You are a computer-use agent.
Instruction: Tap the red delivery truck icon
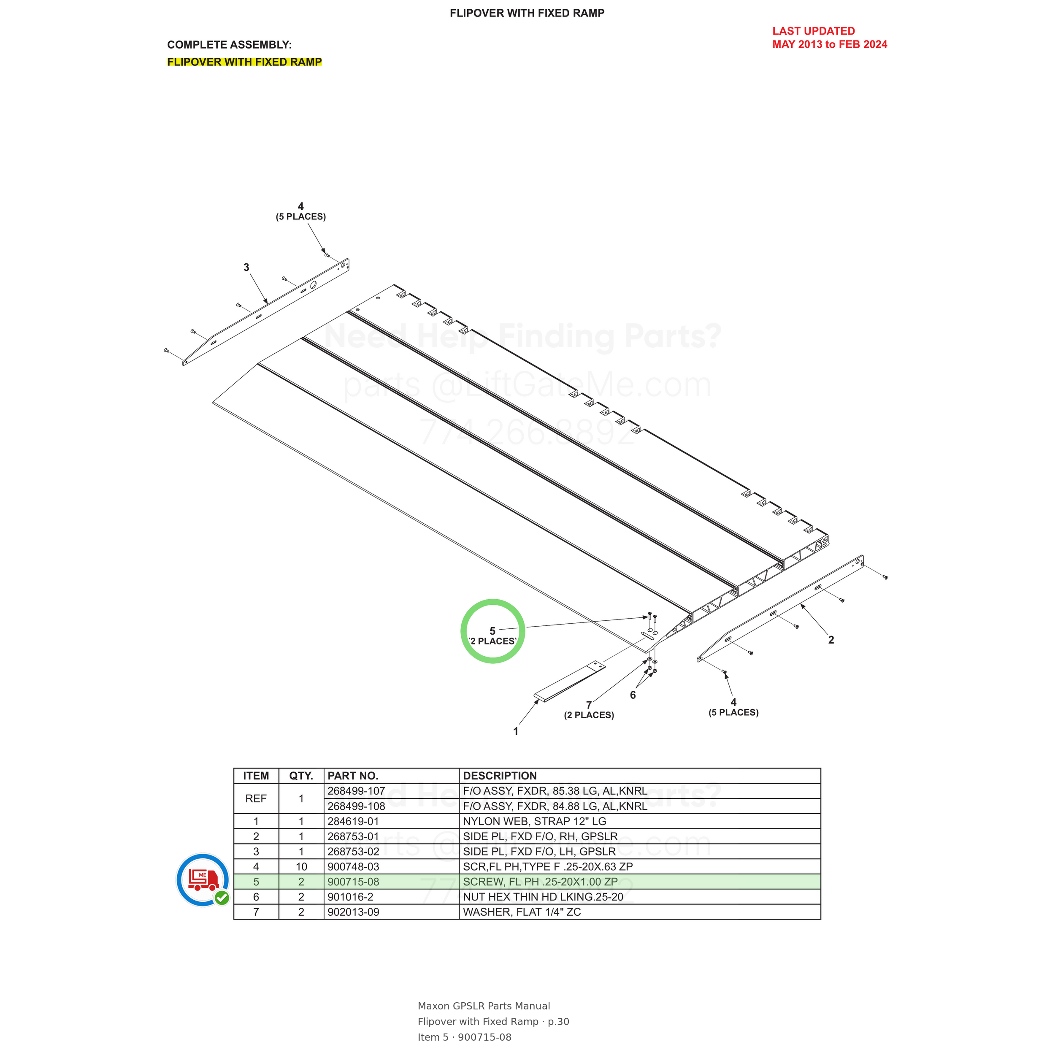coord(203,879)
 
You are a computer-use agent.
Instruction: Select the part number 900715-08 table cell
coord(392,882)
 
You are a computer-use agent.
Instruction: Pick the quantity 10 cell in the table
coord(301,867)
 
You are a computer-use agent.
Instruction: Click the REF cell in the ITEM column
coord(256,799)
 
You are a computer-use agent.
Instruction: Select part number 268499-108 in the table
coord(392,806)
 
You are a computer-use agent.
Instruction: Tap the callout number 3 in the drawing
coord(246,267)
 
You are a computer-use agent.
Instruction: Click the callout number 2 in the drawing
coord(831,640)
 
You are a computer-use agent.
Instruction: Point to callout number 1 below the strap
coord(516,731)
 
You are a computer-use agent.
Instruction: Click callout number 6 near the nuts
coord(633,695)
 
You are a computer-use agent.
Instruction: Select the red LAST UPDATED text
coord(814,31)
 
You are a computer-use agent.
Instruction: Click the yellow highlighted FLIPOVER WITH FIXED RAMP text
coord(245,62)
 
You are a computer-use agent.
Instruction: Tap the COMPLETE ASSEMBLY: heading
coord(229,45)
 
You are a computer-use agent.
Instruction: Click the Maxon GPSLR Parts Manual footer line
coord(484,1006)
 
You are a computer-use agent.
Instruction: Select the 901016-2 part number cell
coord(392,897)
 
